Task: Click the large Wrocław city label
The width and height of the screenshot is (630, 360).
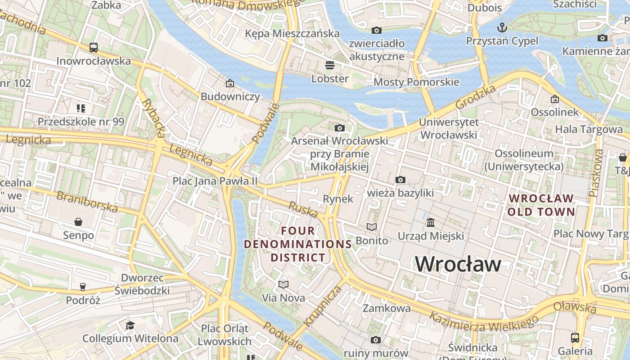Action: tap(458, 264)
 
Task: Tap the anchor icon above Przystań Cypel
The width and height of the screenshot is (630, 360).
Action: tap(502, 27)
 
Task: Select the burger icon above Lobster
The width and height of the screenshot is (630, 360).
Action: tap(330, 65)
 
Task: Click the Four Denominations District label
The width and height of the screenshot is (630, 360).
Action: tap(298, 244)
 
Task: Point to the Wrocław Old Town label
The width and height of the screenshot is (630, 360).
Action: tap(541, 205)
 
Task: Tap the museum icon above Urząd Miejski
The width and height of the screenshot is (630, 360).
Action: tap(431, 223)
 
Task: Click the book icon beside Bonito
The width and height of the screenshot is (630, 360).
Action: tap(372, 227)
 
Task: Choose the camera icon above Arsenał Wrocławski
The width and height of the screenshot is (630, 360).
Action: tap(340, 128)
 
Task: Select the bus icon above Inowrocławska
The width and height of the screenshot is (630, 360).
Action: tap(94, 47)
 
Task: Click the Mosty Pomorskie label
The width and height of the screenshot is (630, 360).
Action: tap(416, 82)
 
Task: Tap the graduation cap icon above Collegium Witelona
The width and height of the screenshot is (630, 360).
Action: tap(130, 325)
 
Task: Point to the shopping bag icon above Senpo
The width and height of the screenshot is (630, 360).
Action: tap(78, 222)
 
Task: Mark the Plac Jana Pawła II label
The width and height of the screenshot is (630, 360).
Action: tap(215, 181)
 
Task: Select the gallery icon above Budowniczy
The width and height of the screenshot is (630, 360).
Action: tap(230, 83)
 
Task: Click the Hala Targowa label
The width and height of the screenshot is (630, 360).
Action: tap(589, 130)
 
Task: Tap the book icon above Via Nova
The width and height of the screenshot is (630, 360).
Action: tap(283, 284)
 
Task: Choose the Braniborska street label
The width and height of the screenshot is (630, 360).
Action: tap(87, 202)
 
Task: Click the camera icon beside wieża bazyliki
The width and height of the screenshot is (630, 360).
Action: tap(400, 180)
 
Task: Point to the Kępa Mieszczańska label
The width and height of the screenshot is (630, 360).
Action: tap(292, 33)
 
